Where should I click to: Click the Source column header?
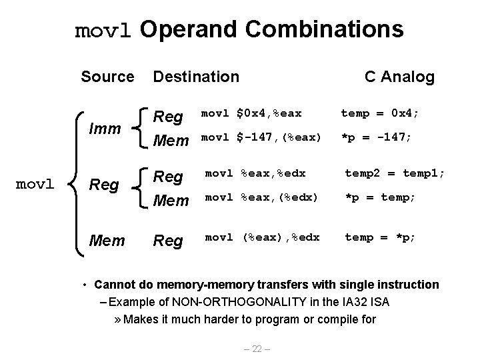click(107, 77)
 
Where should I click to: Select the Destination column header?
click(196, 77)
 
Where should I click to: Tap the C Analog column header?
click(399, 77)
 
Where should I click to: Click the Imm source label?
click(106, 127)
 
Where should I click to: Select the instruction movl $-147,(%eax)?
click(261, 137)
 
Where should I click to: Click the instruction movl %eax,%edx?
click(255, 173)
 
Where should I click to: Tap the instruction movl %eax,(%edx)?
click(261, 197)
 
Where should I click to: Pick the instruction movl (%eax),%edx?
click(262, 237)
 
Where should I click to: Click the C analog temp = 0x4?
click(380, 114)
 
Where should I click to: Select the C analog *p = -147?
click(377, 137)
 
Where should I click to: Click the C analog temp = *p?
click(379, 237)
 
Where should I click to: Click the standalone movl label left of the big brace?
click(35, 183)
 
